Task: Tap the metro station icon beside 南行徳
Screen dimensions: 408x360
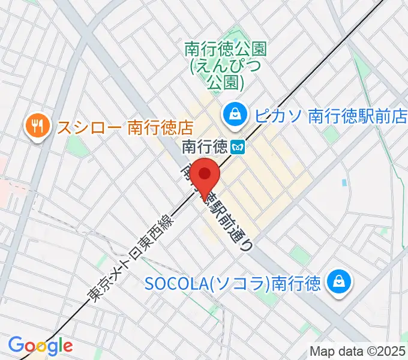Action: pos(238,146)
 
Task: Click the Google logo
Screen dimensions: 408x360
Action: pos(40,346)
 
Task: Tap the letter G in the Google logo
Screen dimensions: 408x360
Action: pos(16,345)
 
